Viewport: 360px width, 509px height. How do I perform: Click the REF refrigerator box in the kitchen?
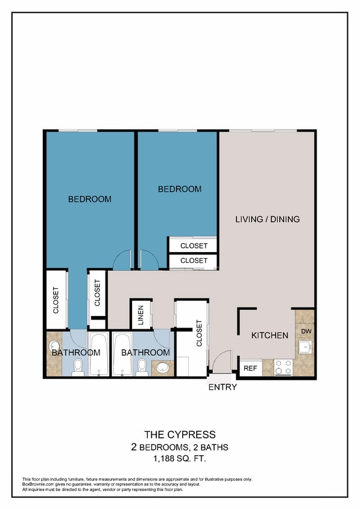click(250, 367)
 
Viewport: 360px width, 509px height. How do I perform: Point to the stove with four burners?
click(283, 367)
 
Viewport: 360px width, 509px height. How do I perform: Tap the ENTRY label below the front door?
click(223, 387)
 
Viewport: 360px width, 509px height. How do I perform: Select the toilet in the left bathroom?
click(78, 367)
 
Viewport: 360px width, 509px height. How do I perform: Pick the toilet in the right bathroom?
click(142, 367)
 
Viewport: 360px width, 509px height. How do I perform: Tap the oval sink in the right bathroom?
click(161, 367)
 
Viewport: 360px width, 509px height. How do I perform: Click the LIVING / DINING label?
click(267, 219)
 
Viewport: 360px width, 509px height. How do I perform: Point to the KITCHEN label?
click(270, 335)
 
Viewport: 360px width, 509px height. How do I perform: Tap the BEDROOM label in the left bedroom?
click(89, 199)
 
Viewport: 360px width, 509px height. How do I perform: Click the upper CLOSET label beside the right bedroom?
click(194, 245)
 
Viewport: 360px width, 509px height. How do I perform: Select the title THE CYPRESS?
click(180, 434)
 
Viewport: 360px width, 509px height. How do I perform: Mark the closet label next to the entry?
click(200, 334)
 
